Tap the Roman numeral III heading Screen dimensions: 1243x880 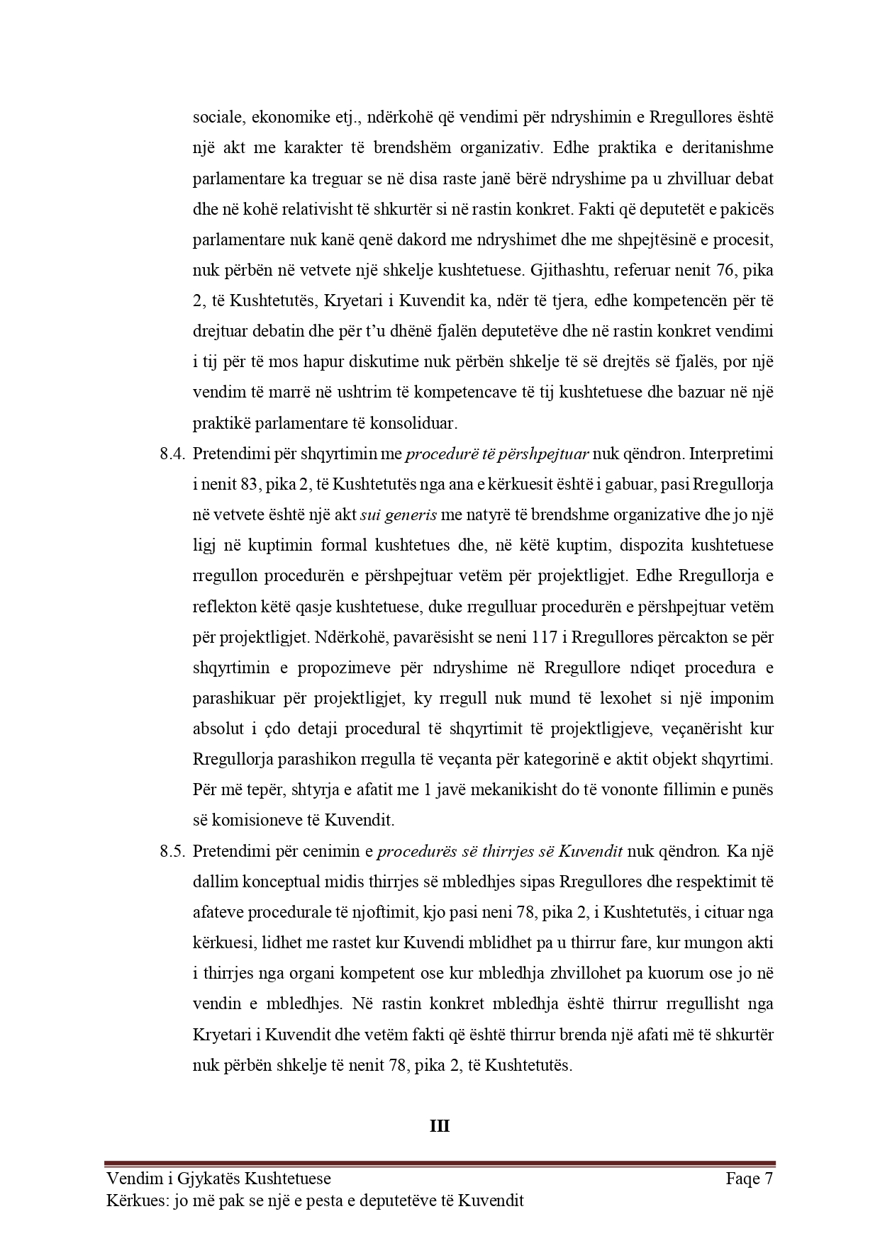(440, 1126)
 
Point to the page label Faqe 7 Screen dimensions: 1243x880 (749, 1179)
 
